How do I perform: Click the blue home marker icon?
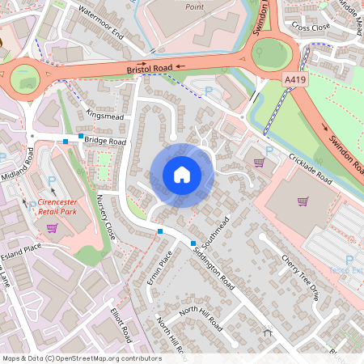(x=181, y=175)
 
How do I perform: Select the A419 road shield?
(x=295, y=80)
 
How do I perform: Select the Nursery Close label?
(x=106, y=218)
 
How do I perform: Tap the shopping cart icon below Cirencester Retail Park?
(x=53, y=229)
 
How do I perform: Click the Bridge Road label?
(x=106, y=141)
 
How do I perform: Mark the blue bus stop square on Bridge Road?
(x=66, y=142)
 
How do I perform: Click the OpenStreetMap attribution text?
(x=82, y=358)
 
